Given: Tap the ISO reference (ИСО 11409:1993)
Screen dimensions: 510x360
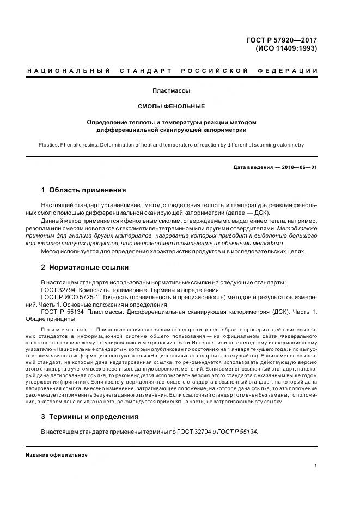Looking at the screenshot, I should (x=286, y=48).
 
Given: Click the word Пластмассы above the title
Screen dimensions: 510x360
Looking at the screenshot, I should (x=172, y=90).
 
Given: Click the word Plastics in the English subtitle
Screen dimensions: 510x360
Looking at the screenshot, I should (x=50, y=145).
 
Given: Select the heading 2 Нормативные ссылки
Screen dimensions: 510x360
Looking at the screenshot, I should (x=85, y=268).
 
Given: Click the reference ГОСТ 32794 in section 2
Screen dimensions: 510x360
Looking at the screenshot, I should (x=58, y=290).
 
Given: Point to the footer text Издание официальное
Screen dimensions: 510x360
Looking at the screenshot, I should (x=56, y=454).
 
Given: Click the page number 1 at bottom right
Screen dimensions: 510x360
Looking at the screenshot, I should (x=316, y=466).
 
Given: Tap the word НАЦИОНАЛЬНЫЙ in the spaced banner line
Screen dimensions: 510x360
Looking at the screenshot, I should (x=69, y=71).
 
